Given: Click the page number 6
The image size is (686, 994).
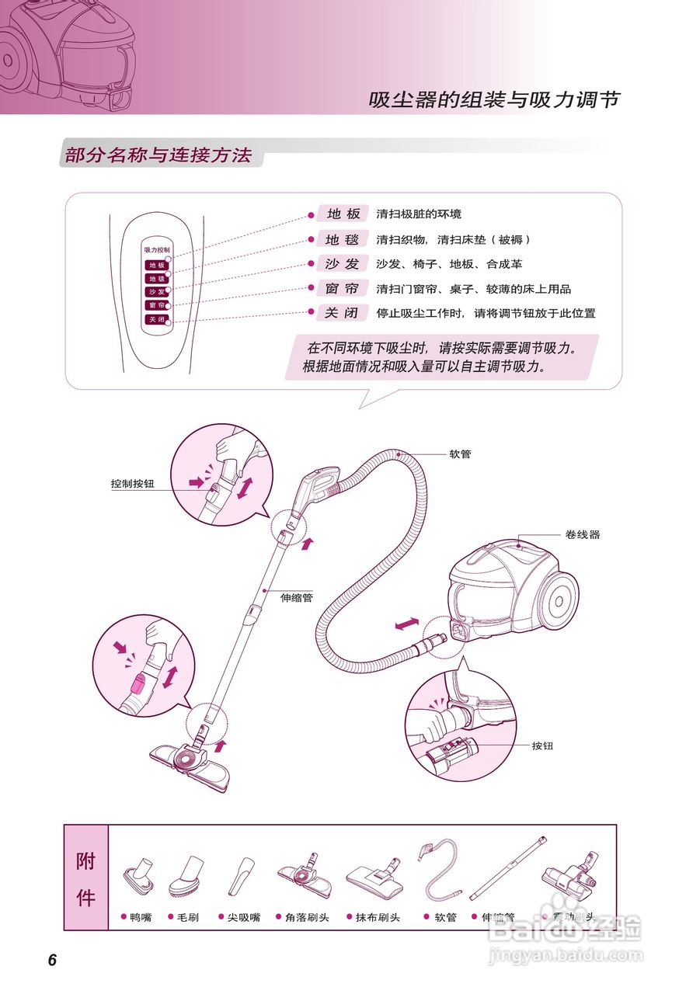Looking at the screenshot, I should [x=52, y=960].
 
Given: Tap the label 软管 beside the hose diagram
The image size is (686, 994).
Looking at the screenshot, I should [x=460, y=454].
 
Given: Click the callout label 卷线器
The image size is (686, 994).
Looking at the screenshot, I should [x=583, y=534].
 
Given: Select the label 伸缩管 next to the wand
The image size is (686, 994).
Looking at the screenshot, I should [x=297, y=598].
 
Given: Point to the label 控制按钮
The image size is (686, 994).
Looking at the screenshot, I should [x=132, y=483].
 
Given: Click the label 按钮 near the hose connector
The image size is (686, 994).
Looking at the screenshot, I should [x=542, y=745].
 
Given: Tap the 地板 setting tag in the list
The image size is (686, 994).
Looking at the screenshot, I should [x=342, y=214].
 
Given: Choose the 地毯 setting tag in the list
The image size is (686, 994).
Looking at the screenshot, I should [x=342, y=239].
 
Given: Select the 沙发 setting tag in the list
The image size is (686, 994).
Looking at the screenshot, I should [x=342, y=264].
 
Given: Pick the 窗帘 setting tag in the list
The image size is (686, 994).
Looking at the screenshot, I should [x=342, y=289].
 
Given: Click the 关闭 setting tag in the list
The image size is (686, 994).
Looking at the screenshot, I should [x=342, y=314].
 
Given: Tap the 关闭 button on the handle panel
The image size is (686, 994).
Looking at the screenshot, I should [x=156, y=319].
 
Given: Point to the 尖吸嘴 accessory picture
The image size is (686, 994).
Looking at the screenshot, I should [x=240, y=876].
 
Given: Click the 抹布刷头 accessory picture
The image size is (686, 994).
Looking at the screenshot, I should [x=375, y=874].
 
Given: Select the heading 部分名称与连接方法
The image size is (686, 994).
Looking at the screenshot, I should [x=158, y=155].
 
